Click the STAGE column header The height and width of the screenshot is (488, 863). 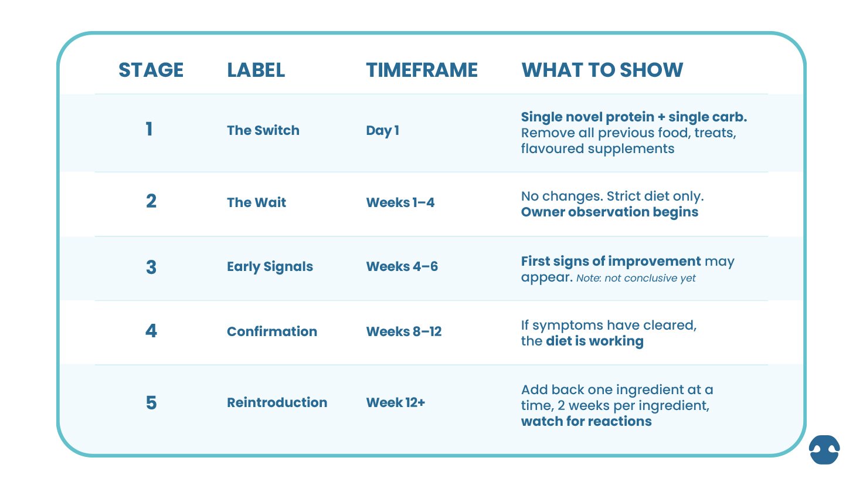151,70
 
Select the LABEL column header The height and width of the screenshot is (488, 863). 256,70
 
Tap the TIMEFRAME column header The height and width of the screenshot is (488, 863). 422,70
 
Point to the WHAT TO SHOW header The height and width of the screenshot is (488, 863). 602,70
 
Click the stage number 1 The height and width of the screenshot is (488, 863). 150,129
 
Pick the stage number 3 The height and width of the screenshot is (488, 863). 151,267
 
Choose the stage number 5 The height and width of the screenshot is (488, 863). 151,403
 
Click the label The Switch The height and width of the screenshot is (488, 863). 263,130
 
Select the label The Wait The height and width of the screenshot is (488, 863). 256,202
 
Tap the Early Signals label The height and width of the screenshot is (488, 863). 270,267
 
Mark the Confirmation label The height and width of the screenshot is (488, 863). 271,331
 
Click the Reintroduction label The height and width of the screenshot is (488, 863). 277,402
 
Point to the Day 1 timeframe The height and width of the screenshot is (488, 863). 382,130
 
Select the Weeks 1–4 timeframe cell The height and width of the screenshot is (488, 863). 400,202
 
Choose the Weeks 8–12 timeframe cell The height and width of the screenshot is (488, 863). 403,331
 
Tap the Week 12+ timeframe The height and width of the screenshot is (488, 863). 395,402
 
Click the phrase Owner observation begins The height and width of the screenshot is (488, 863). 609,212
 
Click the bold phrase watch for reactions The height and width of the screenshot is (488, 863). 586,421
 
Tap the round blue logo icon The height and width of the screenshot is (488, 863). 824,450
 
